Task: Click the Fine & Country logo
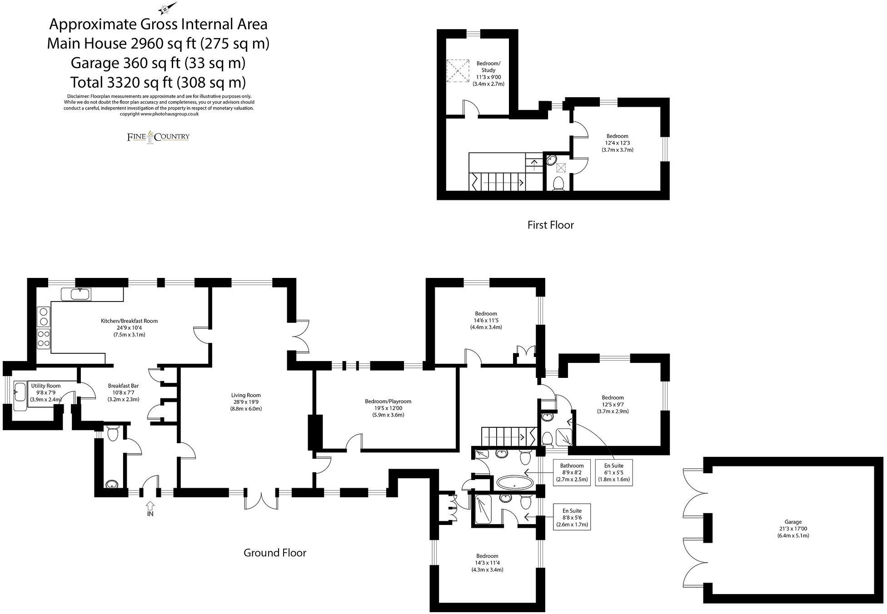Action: pyautogui.click(x=158, y=137)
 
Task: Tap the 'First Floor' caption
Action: pyautogui.click(x=550, y=225)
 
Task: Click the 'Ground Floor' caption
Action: pyautogui.click(x=275, y=553)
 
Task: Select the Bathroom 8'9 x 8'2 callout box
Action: pyautogui.click(x=572, y=472)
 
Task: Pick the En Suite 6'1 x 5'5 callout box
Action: pyautogui.click(x=613, y=472)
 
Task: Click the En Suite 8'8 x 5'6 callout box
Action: pyautogui.click(x=572, y=517)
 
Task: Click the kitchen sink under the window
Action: pyautogui.click(x=76, y=294)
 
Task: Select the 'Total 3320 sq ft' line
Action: pyautogui.click(x=158, y=82)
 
